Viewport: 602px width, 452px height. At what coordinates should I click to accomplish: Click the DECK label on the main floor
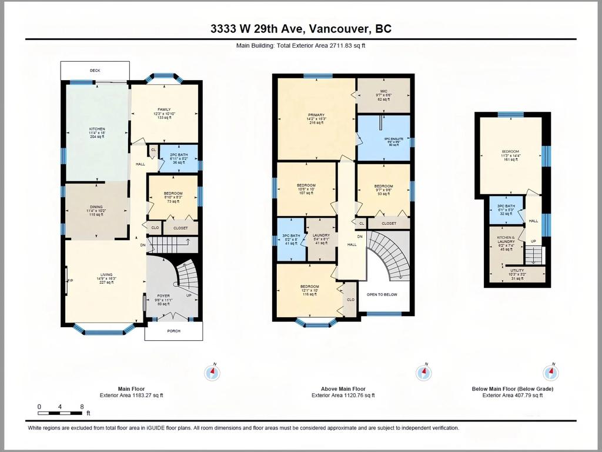tap(95, 71)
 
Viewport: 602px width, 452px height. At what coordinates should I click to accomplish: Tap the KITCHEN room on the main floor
tap(96, 132)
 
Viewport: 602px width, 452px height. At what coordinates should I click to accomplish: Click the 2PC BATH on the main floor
tap(179, 158)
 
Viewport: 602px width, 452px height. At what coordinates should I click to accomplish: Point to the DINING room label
tap(96, 210)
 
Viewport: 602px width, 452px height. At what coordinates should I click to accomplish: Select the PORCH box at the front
tap(173, 331)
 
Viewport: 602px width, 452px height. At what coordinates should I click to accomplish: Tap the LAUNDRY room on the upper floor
tap(320, 239)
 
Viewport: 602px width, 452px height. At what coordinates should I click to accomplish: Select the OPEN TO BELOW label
tap(382, 294)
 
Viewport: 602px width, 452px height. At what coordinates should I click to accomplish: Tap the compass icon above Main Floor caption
tap(212, 373)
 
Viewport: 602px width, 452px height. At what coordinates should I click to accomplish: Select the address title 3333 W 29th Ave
tap(300, 29)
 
